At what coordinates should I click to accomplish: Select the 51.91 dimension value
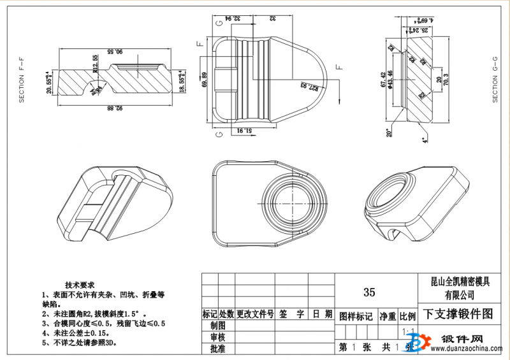(245, 131)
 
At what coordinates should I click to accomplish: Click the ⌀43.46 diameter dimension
(390, 80)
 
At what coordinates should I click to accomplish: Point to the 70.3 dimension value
(446, 80)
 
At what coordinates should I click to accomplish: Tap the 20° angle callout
(388, 133)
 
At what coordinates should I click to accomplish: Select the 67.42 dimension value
(382, 80)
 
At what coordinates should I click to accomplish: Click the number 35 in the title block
(369, 292)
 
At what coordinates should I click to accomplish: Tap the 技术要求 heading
(80, 285)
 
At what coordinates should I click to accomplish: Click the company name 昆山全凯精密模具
(460, 281)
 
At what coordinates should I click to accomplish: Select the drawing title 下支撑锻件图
(459, 314)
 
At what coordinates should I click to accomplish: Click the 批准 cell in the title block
(217, 349)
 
